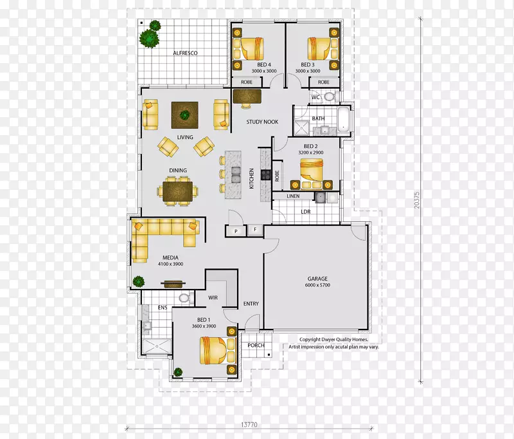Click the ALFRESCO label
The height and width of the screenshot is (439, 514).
(185, 53)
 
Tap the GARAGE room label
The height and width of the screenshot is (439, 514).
(317, 279)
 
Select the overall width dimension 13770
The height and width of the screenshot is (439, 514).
(249, 425)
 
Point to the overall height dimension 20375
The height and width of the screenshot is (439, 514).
(416, 200)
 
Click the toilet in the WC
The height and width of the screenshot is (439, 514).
(329, 97)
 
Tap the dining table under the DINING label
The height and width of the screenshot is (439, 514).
(178, 191)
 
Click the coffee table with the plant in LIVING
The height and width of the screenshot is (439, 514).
(184, 115)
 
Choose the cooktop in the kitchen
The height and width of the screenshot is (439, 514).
(265, 174)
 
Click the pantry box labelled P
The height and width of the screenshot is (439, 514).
(236, 231)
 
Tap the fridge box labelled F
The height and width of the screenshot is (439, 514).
(255, 230)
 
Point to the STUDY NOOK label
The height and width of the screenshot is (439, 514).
(262, 122)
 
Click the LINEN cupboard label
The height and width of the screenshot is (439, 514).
(293, 196)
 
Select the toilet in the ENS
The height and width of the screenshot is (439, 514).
(184, 297)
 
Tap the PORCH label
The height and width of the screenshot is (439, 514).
(256, 345)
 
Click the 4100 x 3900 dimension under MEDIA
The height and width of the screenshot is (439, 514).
(170, 264)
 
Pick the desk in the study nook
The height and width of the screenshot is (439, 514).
(247, 96)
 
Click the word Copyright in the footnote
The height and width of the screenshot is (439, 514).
(310, 339)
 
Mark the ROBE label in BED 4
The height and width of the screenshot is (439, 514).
(247, 82)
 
